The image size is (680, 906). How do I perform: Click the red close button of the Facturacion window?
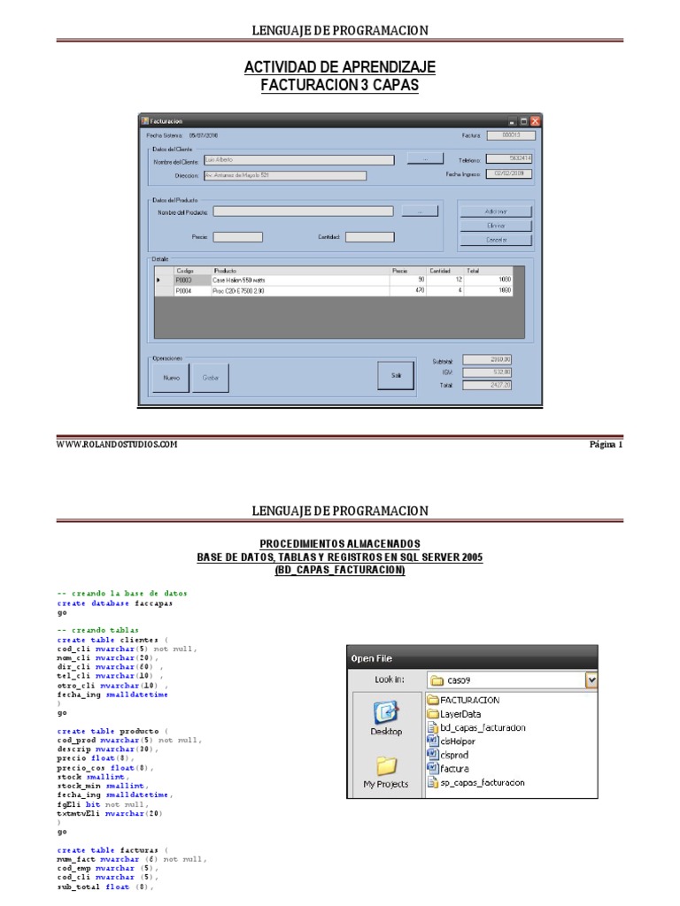point(535,120)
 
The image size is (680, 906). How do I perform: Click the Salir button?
point(396,376)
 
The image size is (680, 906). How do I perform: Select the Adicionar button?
point(496,211)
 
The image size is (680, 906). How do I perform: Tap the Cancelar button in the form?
point(496,240)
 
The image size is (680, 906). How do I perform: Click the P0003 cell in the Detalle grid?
point(191,280)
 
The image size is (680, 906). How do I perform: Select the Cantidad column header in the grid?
point(439,270)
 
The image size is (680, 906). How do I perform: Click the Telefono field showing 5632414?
point(511,160)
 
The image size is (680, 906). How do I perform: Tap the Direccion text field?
point(284,175)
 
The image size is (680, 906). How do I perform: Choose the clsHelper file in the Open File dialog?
point(458,741)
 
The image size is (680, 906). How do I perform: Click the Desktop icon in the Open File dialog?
point(386,718)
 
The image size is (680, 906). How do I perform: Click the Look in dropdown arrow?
point(591,680)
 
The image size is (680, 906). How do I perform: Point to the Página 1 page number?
point(607,445)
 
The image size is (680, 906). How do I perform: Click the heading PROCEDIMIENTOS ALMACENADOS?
point(340,543)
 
